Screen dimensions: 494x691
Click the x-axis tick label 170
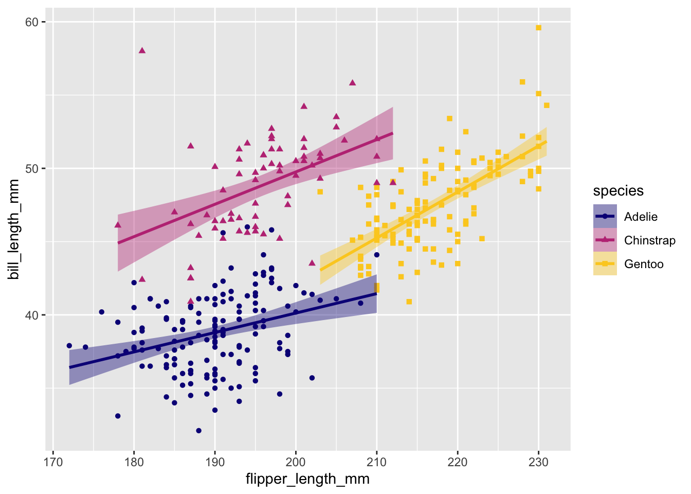[53, 461]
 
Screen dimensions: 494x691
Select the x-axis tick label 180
[134, 461]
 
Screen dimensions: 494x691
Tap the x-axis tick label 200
[296, 461]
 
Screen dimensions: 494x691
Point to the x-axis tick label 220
[458, 461]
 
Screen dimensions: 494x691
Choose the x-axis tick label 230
[538, 461]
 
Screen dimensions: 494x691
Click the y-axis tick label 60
[32, 22]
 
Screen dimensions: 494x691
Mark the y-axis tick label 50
[32, 169]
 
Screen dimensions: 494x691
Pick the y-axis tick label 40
[32, 315]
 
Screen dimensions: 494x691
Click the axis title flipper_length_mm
[307, 479]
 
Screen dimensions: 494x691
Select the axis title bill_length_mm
[14, 230]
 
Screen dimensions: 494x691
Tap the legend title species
[618, 191]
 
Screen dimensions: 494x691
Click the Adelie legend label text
[641, 217]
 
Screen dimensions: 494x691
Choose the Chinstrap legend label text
[649, 240]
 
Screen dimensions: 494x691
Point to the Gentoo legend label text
[644, 264]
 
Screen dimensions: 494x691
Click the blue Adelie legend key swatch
[605, 217]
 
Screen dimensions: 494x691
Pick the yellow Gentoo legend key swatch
[605, 264]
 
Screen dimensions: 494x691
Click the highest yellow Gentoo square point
[538, 28]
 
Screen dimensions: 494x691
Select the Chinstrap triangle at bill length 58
[142, 50]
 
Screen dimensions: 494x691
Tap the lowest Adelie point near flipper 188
[198, 430]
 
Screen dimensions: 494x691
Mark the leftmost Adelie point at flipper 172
[69, 346]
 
